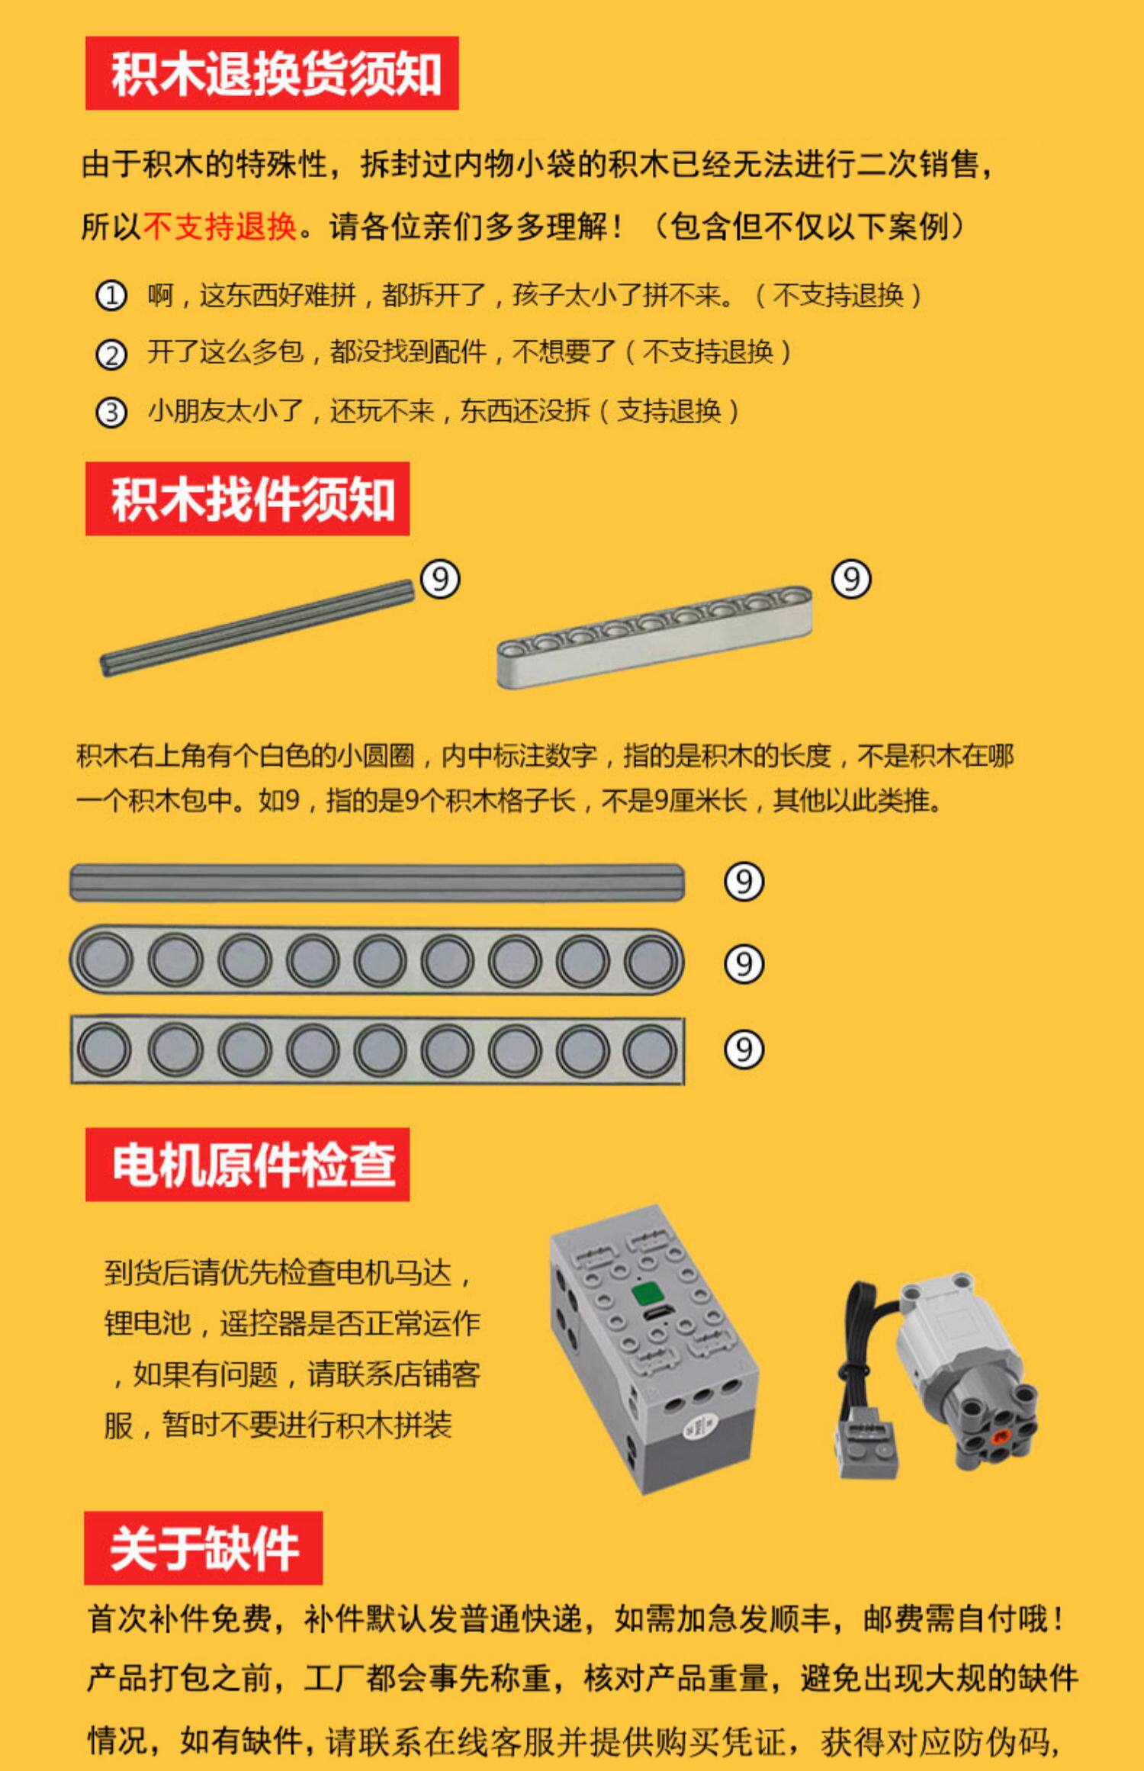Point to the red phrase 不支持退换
(x=220, y=227)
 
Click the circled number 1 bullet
(x=111, y=295)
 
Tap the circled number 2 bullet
(x=111, y=354)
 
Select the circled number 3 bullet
(x=111, y=413)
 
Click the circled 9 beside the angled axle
(x=440, y=580)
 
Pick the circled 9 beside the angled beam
(x=851, y=580)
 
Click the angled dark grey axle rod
(x=257, y=628)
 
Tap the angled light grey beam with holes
(x=654, y=637)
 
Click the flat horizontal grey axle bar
(x=378, y=882)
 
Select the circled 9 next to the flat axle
(x=744, y=882)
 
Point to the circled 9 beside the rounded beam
(x=744, y=964)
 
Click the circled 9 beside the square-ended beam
(x=744, y=1049)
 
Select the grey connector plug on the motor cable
(x=867, y=1449)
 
